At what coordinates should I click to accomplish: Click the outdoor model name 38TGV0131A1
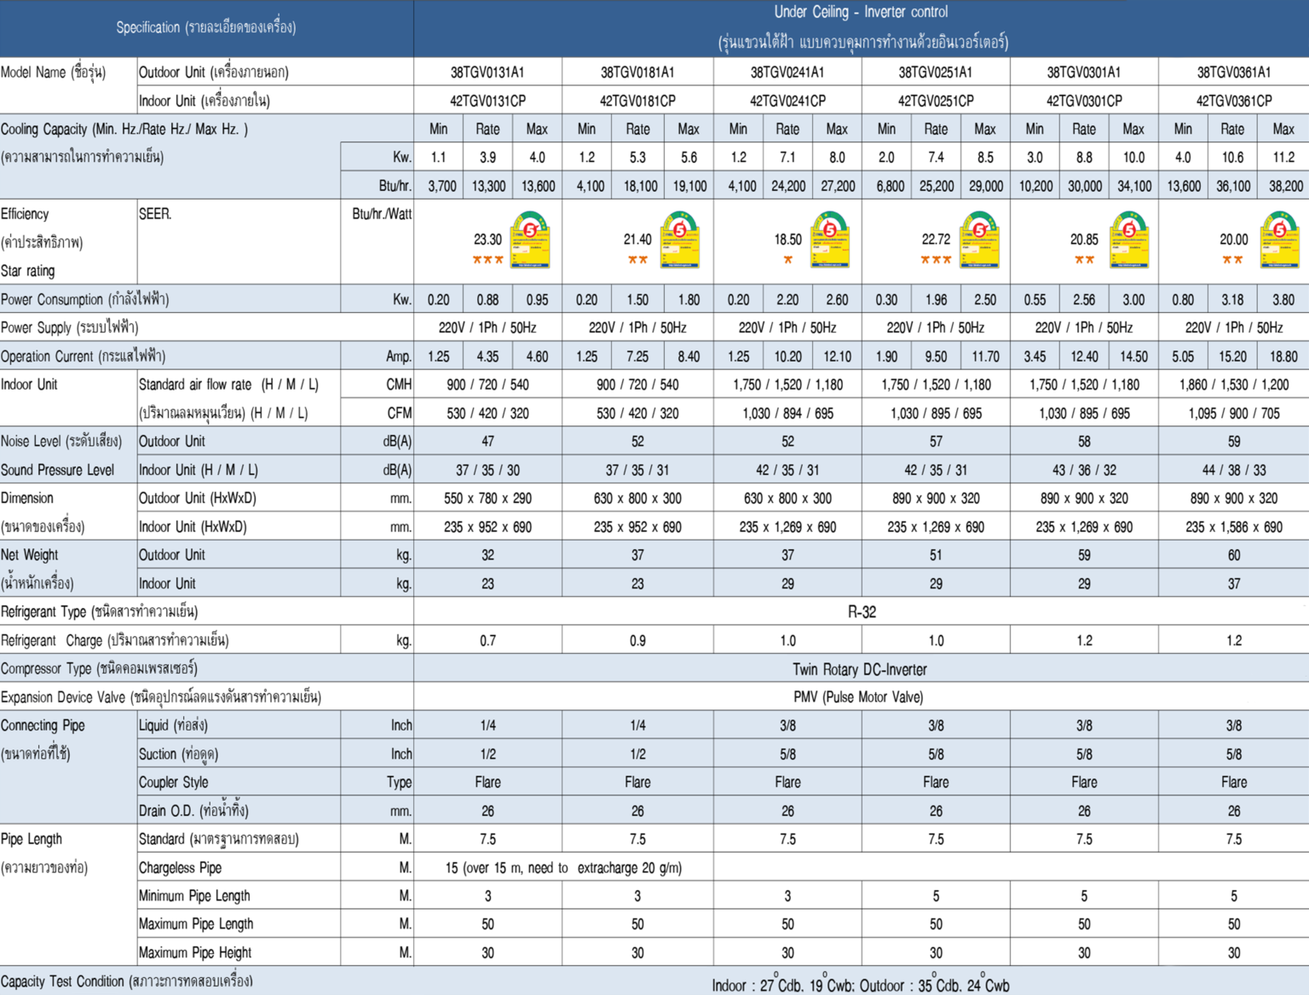[x=487, y=72]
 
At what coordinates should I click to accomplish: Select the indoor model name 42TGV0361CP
[x=1234, y=101]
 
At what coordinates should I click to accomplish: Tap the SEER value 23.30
[x=488, y=240]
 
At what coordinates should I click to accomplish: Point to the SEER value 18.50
[x=788, y=240]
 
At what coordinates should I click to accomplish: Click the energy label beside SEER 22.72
[x=979, y=240]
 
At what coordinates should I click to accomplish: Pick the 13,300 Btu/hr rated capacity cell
[x=488, y=186]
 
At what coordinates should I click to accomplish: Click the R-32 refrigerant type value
[x=862, y=612]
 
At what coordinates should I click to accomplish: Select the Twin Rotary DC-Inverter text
[x=860, y=669]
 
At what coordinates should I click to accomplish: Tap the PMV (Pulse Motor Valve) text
[x=858, y=697]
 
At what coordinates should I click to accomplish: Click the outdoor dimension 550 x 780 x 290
[x=487, y=499]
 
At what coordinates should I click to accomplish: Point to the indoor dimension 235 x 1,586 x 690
[x=1234, y=527]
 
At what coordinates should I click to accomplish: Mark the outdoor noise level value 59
[x=1234, y=442]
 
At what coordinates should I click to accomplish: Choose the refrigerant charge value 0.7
[x=487, y=640]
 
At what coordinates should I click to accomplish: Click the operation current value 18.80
[x=1283, y=356]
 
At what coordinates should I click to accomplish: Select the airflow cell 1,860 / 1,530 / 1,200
[x=1234, y=385]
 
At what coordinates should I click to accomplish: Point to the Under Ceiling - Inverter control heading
[x=861, y=12]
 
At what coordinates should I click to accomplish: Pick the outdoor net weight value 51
[x=936, y=555]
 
